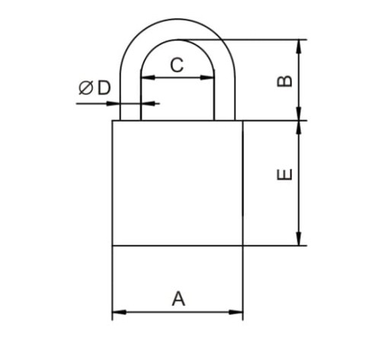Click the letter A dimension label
(178, 299)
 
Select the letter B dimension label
(284, 81)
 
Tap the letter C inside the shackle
(177, 65)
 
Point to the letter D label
(104, 88)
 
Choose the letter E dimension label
(284, 174)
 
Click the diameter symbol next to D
(85, 88)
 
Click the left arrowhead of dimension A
(119, 312)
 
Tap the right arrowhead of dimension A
(236, 312)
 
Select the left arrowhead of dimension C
(148, 78)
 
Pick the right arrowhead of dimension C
(207, 78)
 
